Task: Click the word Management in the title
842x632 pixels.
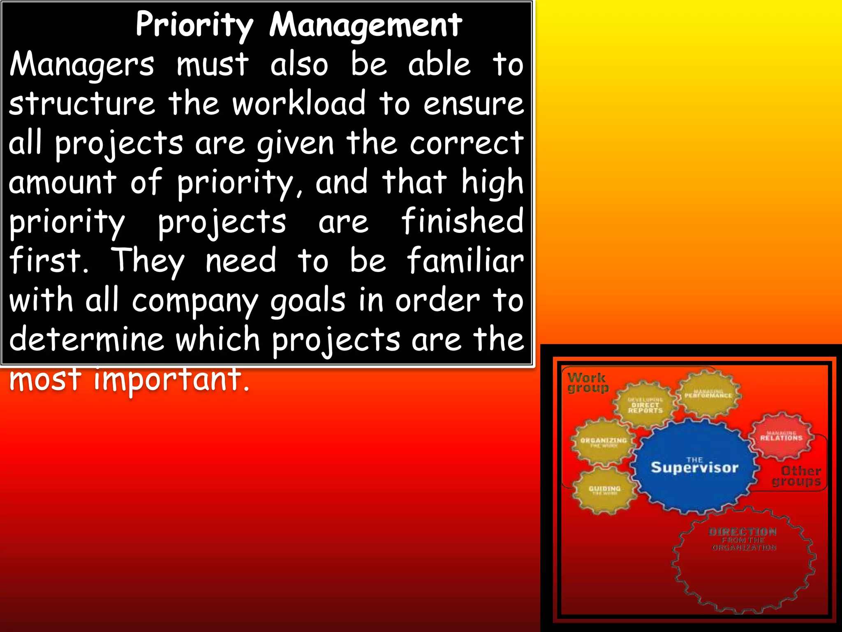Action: click(365, 26)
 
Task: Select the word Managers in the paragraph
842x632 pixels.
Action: click(82, 65)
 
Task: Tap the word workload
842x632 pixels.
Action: click(299, 103)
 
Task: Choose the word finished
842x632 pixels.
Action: click(462, 221)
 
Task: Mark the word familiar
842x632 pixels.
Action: click(465, 260)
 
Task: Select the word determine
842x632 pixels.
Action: click(86, 339)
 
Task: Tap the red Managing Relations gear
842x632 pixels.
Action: click(781, 437)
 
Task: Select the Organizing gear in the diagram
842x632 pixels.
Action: click(603, 442)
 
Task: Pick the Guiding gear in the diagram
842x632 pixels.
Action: click(604, 490)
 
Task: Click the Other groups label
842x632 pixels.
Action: click(798, 476)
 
